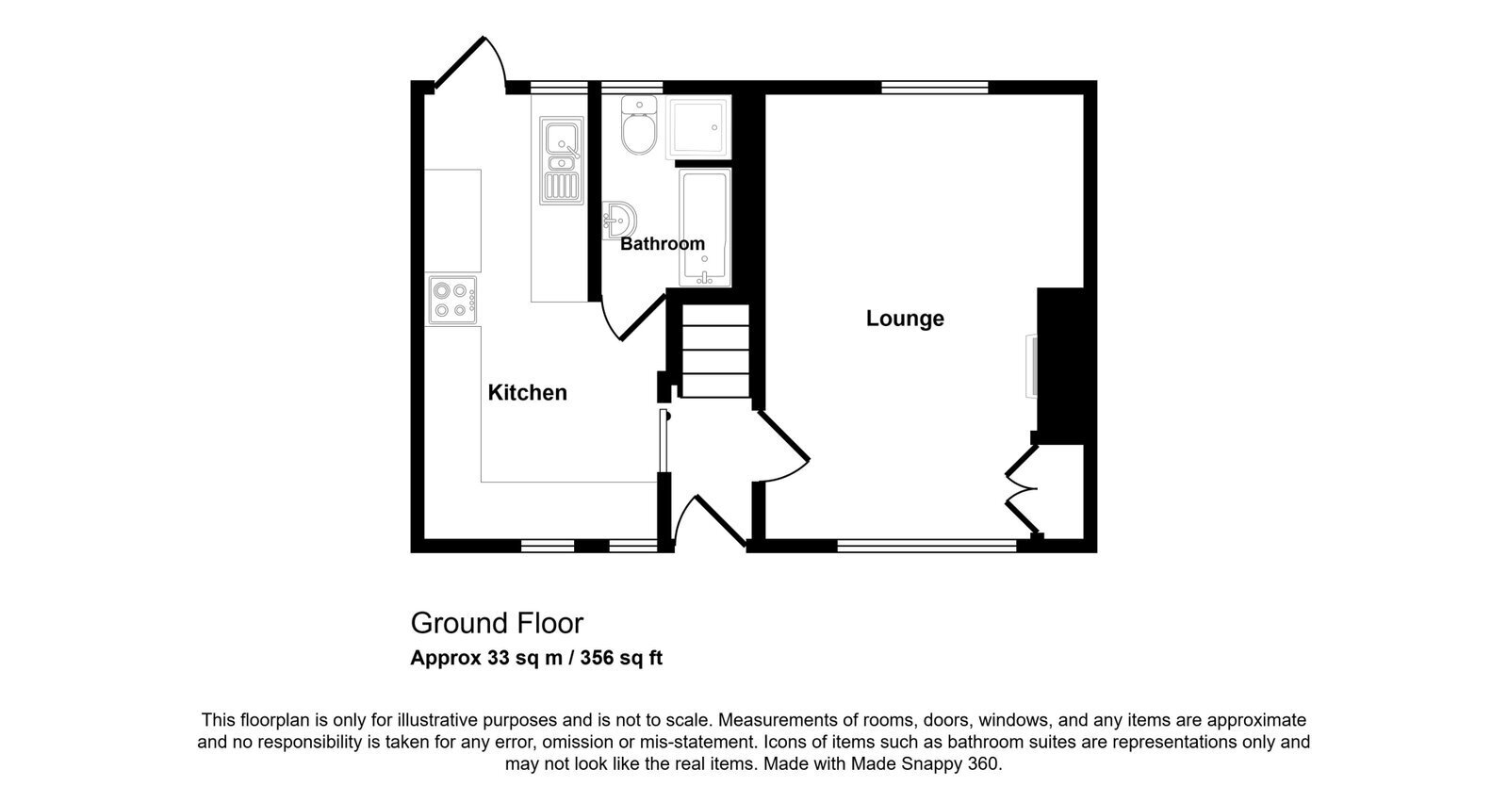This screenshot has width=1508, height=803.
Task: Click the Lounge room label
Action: (x=905, y=319)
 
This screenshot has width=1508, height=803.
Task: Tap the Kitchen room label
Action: (x=527, y=392)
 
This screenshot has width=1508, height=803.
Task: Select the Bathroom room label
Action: (x=663, y=244)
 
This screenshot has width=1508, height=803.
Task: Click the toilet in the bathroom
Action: (x=639, y=124)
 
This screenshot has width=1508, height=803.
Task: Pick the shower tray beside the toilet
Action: (x=698, y=127)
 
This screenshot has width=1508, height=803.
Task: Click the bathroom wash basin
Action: (x=619, y=221)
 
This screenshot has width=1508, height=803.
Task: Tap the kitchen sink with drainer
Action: (x=561, y=161)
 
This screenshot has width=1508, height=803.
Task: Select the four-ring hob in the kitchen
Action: (x=452, y=301)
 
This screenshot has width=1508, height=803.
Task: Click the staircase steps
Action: (x=715, y=350)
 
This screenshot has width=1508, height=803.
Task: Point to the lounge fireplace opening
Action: (x=1031, y=366)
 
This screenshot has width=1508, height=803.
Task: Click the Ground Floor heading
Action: (x=497, y=623)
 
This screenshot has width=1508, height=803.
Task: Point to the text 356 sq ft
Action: (x=621, y=658)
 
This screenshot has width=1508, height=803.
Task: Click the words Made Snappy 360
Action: (x=925, y=764)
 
